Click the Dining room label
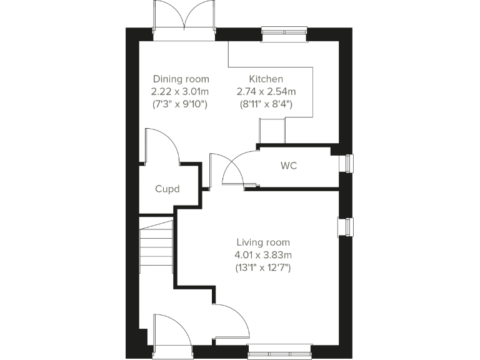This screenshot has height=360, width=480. tap(181, 79)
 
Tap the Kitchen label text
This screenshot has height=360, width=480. tap(266, 79)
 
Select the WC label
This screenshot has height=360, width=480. tap(289, 166)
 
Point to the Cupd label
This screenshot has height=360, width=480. tap(167, 188)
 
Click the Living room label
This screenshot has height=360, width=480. tap(263, 242)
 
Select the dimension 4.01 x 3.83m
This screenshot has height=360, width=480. tap(263, 255)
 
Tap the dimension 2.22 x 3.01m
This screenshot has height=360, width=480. tap(181, 92)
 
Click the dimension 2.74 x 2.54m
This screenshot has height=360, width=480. tap(266, 92)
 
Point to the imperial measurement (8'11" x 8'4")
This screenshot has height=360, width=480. tap(266, 104)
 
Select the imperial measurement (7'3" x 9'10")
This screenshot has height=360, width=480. tap(181, 104)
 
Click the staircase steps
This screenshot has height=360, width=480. tap(156, 247)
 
